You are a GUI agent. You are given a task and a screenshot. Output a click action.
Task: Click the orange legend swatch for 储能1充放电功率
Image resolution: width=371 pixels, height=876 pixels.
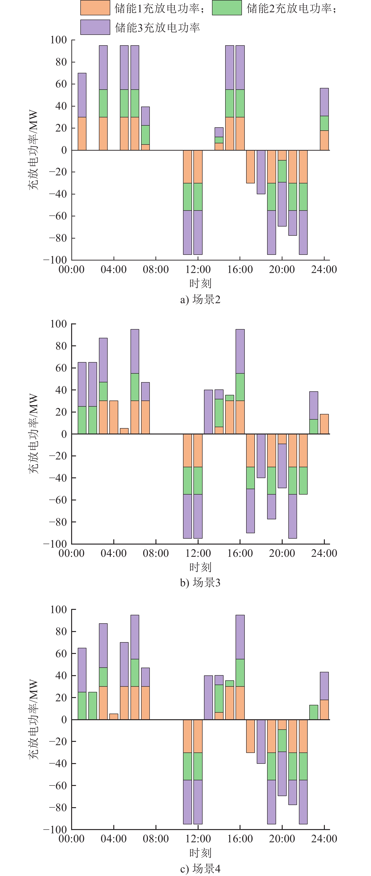(95, 8)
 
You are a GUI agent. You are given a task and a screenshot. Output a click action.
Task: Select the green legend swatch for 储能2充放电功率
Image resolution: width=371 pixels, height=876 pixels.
(227, 8)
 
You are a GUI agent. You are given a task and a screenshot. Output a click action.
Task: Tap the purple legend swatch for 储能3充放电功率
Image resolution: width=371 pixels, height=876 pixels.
(95, 27)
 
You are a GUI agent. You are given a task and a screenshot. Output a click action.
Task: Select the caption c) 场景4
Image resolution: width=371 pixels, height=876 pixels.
(200, 868)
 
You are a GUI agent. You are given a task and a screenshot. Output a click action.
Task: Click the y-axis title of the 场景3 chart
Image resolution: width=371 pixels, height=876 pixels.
(33, 434)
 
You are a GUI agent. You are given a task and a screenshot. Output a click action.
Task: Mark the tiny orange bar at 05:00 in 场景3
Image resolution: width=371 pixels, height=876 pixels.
(124, 431)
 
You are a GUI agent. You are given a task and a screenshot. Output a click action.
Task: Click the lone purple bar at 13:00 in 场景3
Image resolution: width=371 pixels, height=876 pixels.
(208, 412)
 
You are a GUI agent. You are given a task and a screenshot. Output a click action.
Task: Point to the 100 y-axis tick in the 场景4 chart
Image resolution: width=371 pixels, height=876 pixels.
(58, 609)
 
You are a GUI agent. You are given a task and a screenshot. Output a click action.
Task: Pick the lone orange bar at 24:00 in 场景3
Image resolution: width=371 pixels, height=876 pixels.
(324, 424)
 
